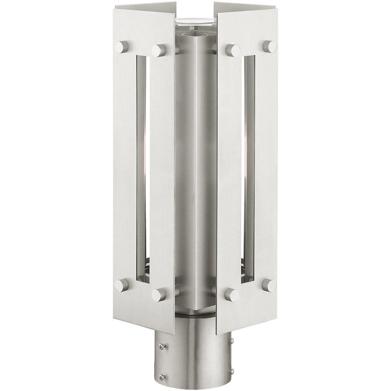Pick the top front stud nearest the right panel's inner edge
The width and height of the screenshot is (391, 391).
click(233, 50)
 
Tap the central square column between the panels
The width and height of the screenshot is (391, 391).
click(195, 163)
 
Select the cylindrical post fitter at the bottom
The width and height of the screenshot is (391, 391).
click(195, 352)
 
